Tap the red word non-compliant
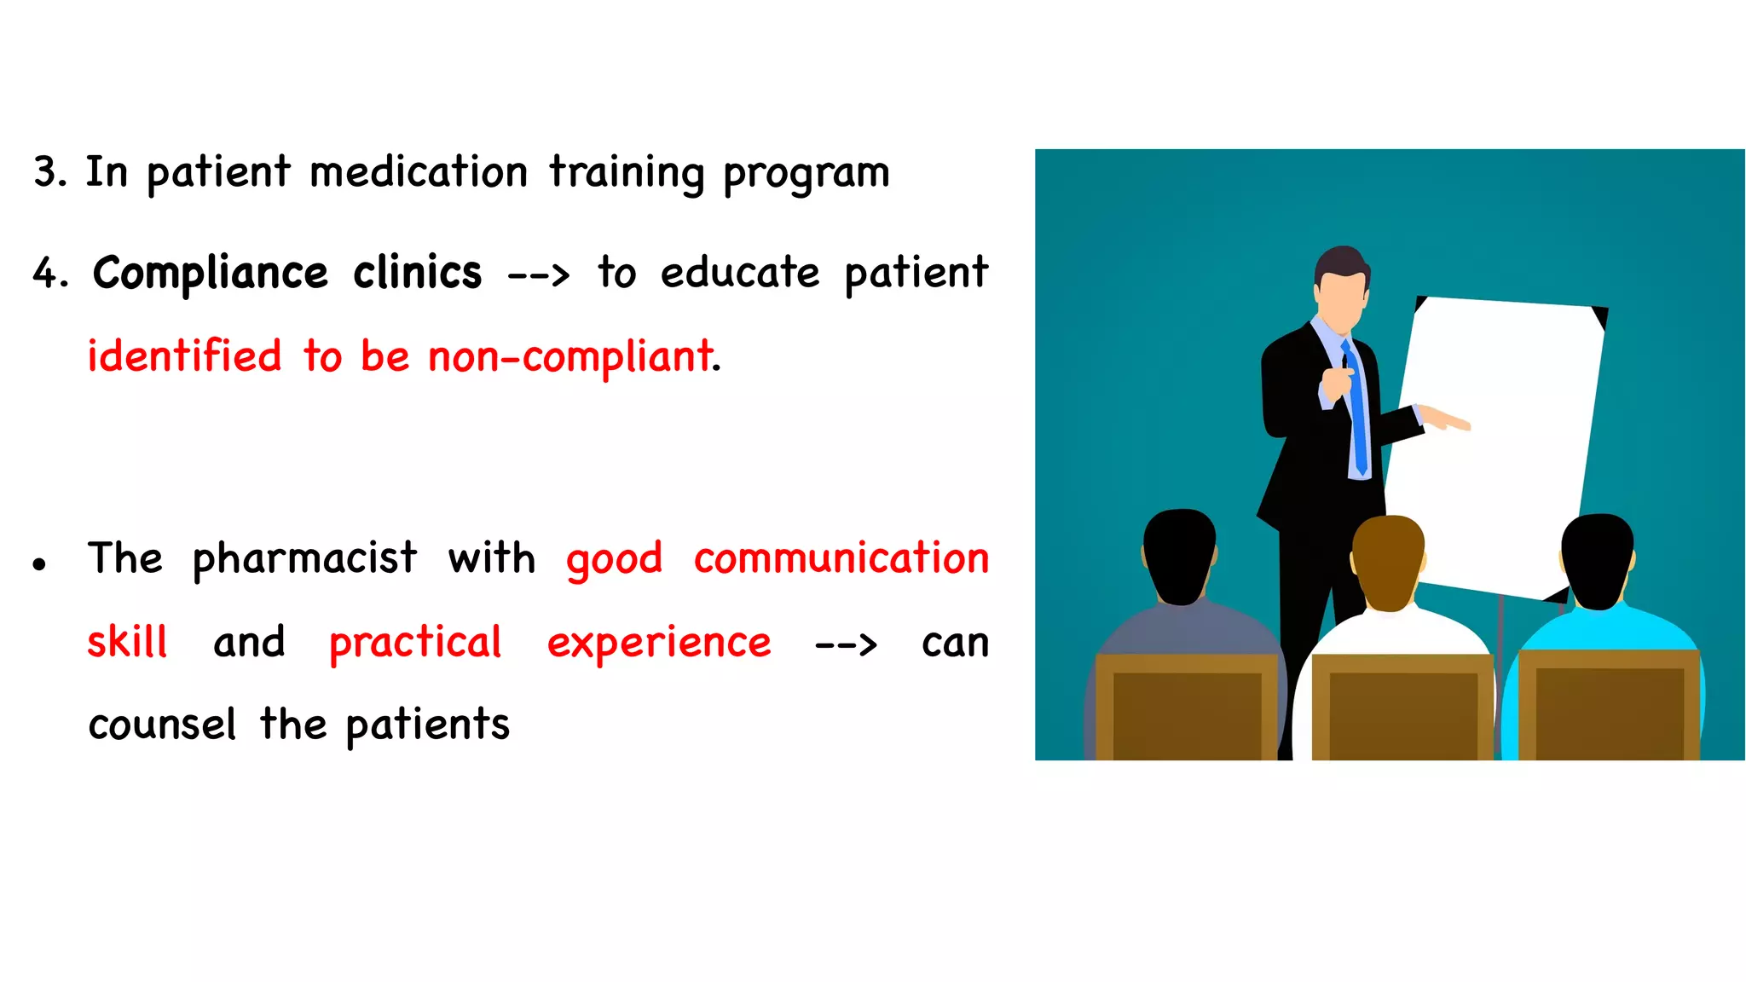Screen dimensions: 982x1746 pos(569,357)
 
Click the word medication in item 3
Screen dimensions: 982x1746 pos(418,173)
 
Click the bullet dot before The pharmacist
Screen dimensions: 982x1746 pos(39,563)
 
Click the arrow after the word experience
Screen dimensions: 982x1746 pos(845,644)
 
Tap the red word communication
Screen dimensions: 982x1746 pos(841,559)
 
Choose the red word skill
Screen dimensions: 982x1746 pos(127,643)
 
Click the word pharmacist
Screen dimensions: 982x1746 pos(304,559)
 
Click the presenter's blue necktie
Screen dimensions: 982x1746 pos(1356,409)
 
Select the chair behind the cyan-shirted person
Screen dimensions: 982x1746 pos(1610,708)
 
